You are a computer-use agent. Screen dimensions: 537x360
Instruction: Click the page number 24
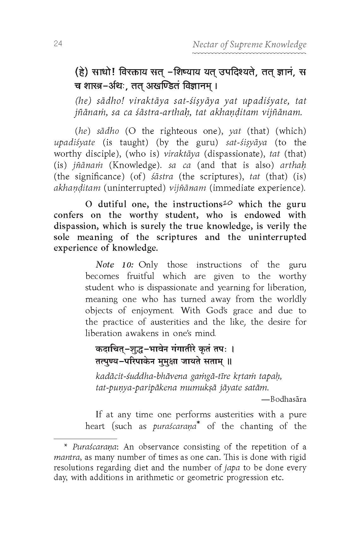pos(58,44)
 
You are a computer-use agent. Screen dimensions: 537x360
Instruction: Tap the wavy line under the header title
pos(249,54)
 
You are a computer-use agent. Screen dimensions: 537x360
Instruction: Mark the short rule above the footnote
pos(85,439)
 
